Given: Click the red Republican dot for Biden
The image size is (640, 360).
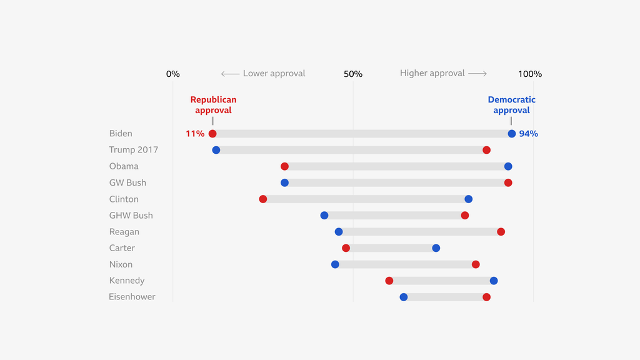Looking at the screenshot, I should (212, 134).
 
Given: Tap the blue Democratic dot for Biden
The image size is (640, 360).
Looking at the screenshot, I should (512, 134).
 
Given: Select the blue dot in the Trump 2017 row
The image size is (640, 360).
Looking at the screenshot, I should (216, 150).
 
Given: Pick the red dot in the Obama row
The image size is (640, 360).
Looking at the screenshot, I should (285, 166).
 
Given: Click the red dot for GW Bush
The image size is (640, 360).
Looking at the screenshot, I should (508, 182).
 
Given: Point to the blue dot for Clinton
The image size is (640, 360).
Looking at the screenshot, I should (469, 199).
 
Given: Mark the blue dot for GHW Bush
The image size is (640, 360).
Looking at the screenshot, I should (324, 216).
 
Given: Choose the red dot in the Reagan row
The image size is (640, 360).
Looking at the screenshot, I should (501, 232).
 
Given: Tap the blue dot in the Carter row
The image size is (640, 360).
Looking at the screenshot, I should (436, 248).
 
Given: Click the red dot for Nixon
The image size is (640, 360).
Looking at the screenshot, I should (476, 264).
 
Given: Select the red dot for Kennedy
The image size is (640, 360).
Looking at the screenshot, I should (389, 281).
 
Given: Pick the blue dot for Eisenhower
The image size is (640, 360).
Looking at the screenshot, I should (404, 297).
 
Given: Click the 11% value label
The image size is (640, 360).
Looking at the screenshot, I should (195, 134).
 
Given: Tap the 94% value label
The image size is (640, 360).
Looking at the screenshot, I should (529, 134).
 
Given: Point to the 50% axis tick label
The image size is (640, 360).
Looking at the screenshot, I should (353, 74).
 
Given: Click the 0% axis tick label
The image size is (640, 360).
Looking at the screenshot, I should (173, 74).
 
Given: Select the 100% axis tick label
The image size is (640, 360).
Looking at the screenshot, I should (530, 74).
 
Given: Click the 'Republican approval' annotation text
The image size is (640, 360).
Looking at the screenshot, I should (213, 105).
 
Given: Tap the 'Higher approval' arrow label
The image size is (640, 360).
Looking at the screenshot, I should (443, 73).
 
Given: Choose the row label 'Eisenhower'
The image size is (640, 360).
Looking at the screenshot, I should (132, 297).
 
